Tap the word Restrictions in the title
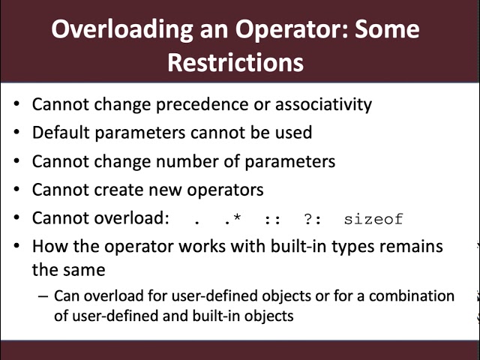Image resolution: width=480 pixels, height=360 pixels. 235,62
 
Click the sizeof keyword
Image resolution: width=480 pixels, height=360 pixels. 373,220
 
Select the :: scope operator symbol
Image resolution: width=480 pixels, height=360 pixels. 272,220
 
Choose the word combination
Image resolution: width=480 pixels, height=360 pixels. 409,296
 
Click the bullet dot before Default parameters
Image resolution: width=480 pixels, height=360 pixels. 16,133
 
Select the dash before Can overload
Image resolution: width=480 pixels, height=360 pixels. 42,296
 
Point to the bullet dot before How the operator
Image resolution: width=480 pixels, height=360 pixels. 16,247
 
